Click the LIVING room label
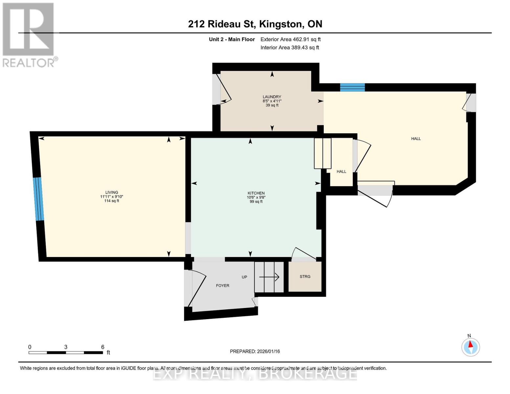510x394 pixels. tap(112, 192)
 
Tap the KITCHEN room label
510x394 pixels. tap(256, 193)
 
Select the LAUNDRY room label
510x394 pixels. tap(272, 97)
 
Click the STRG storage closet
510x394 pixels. tap(305, 276)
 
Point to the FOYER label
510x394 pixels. tap(222, 286)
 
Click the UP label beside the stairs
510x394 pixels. tap(244, 277)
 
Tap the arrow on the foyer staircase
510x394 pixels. tap(269, 277)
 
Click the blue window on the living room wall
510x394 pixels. tap(38, 199)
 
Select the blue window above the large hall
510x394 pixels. tap(352, 87)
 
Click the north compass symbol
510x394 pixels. tap(471, 347)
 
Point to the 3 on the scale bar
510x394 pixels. tap(66, 347)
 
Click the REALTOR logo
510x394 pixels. tap(29, 35)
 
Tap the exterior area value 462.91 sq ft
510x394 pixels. tap(290, 39)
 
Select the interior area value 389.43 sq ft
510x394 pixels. tap(290, 48)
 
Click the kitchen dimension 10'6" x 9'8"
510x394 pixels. tap(256, 197)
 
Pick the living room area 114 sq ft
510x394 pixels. tap(112, 201)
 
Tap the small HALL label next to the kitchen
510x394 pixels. tap(341, 171)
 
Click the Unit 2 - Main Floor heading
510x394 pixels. tap(232, 39)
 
